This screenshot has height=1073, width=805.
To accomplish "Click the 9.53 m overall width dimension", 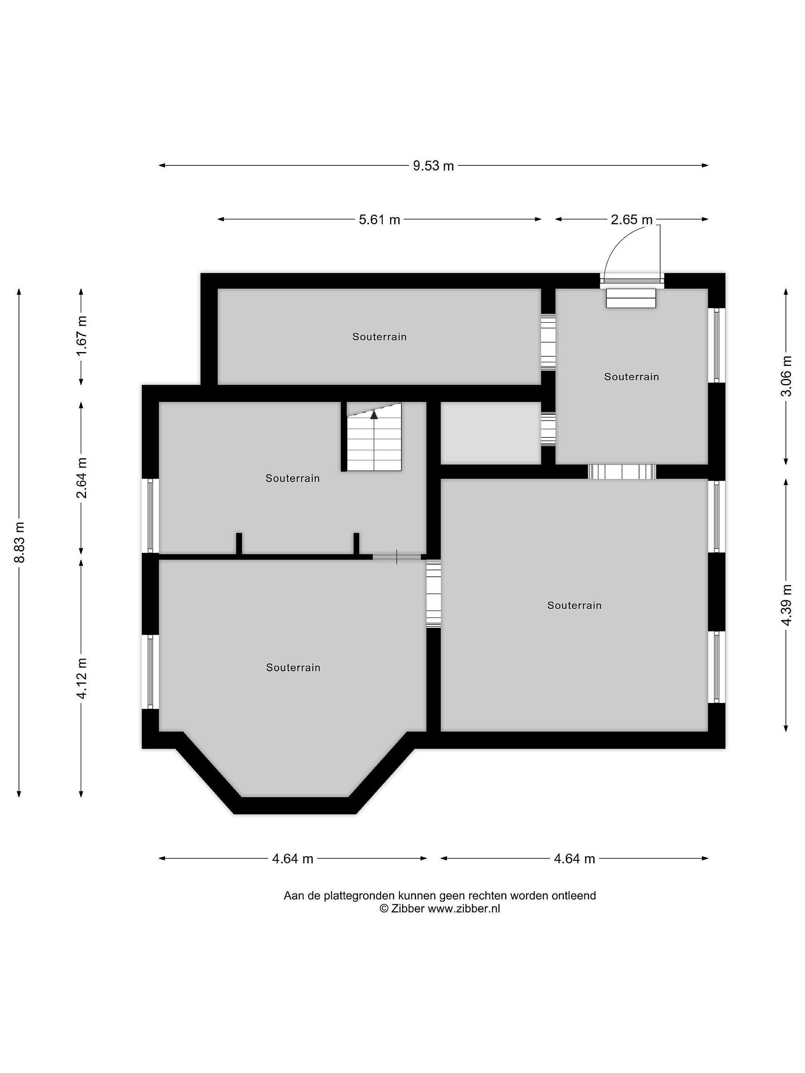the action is pos(433,166).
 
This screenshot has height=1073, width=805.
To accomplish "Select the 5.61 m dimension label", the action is pos(379,220).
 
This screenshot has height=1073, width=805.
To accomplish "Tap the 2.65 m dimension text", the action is pos(631,220).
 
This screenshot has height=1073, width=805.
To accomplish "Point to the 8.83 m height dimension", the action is pos(19,542).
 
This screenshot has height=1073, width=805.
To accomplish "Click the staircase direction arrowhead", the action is pos(374,415).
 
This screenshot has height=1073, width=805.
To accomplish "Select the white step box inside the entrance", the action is pos(631,298).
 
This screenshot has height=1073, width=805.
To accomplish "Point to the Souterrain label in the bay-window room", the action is pos(293,668).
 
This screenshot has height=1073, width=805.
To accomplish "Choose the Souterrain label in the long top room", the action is pos(379,337).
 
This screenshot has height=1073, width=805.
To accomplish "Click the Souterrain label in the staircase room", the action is pos(293,478).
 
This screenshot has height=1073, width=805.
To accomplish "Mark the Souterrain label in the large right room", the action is pos(575,605).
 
